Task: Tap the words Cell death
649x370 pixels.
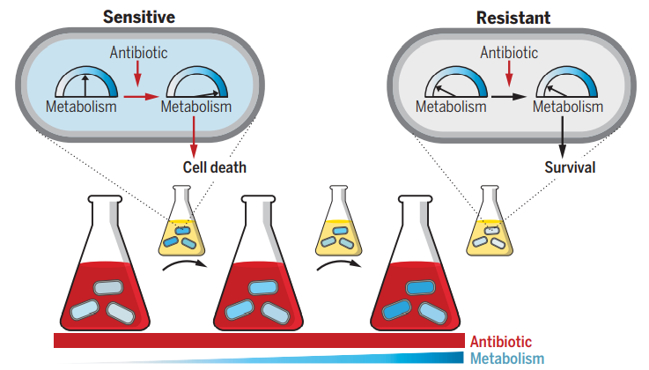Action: (x=215, y=166)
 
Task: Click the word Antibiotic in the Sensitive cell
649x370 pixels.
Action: (x=138, y=53)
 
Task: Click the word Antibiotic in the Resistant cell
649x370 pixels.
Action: (x=509, y=53)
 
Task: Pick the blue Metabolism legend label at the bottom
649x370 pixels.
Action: (x=507, y=359)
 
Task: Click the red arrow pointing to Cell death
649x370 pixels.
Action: (x=193, y=136)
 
